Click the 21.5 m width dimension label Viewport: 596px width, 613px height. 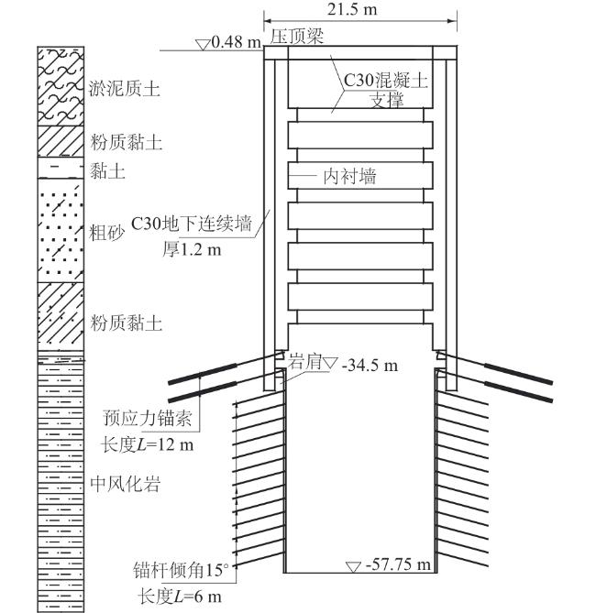point(356,10)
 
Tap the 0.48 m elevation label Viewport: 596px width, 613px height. point(237,42)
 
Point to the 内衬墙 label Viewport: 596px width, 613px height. point(349,176)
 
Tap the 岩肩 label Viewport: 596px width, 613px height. point(304,361)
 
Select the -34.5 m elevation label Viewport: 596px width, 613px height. point(370,365)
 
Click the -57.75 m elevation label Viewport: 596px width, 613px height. point(398,564)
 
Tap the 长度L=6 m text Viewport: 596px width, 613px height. point(180,596)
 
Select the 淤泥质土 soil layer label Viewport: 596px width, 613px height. point(126,89)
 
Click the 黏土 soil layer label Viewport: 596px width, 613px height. point(107,170)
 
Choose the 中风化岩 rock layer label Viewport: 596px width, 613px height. point(125,485)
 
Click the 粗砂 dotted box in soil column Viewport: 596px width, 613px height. point(60,229)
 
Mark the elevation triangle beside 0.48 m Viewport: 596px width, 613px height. point(203,43)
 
